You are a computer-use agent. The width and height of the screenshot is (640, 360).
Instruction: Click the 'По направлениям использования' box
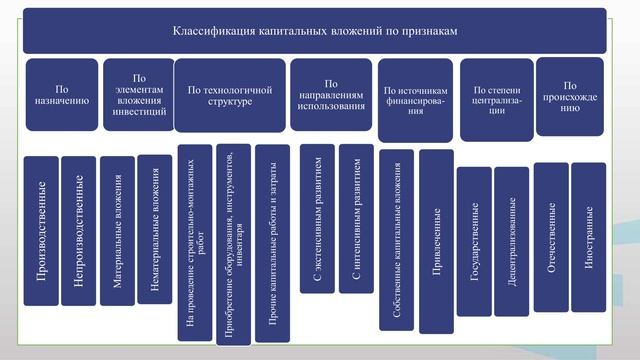[x=331, y=96]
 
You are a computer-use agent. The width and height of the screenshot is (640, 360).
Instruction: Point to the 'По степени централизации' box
[x=495, y=97]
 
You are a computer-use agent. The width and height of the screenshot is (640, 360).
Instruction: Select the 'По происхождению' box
[x=570, y=96]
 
